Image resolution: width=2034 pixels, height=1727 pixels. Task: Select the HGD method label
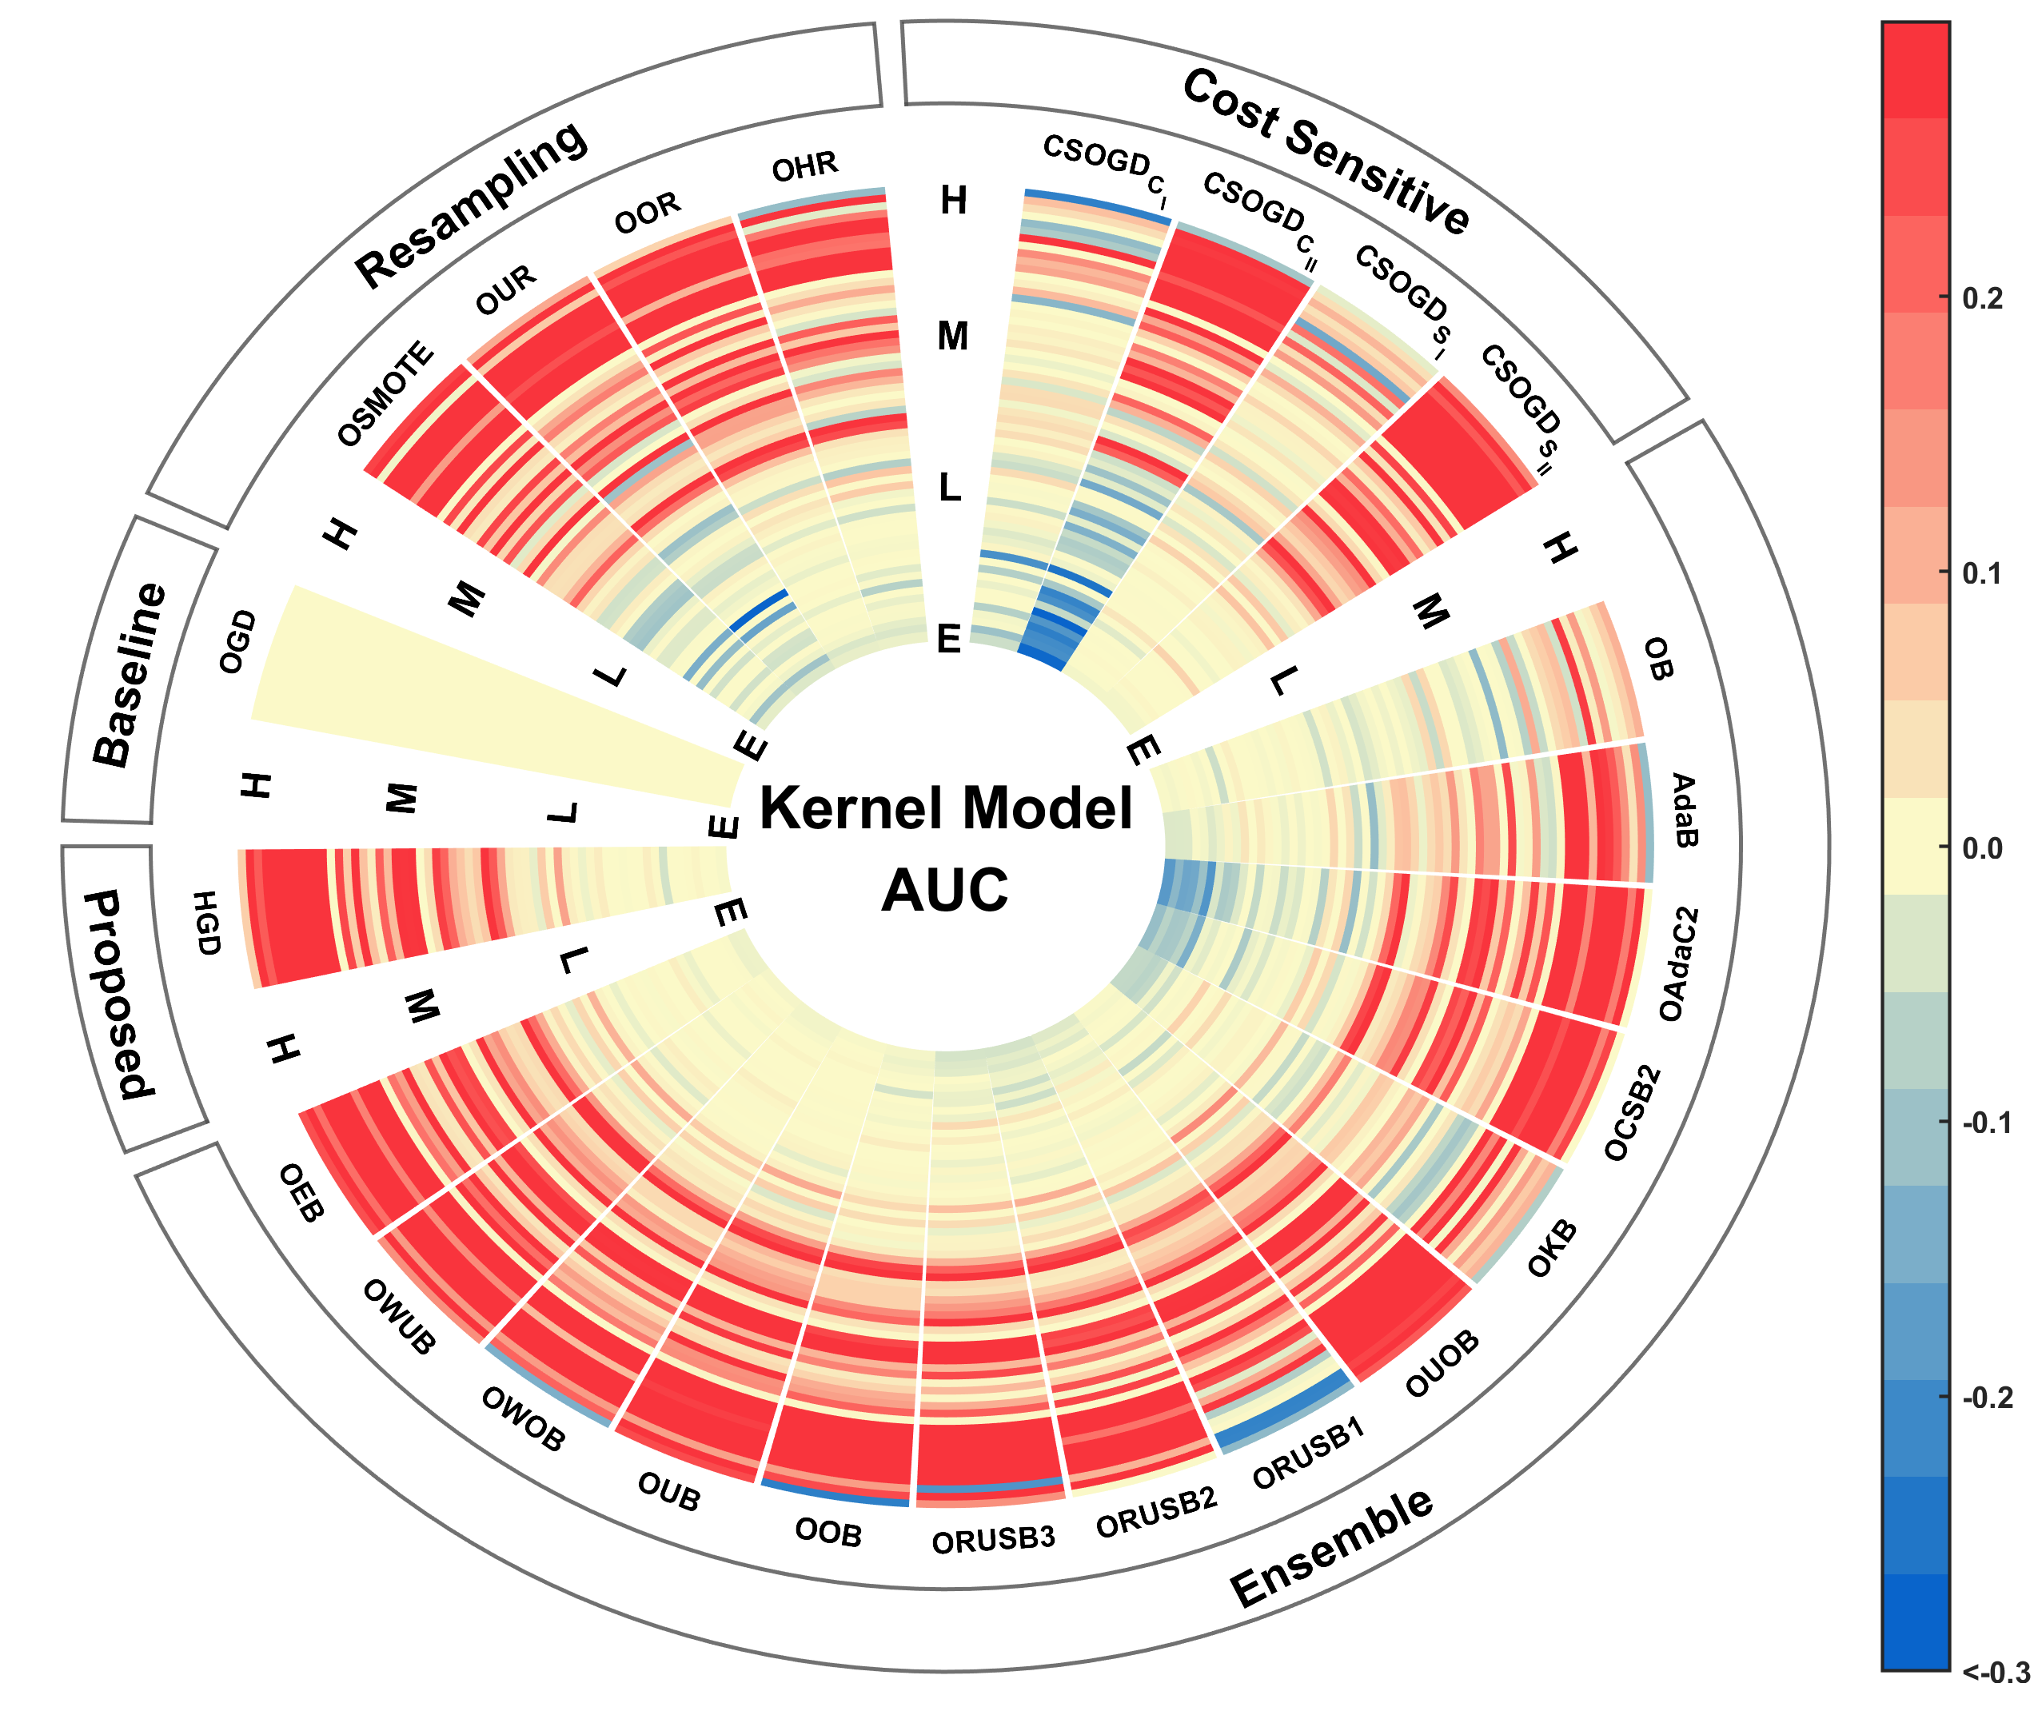pyautogui.click(x=205, y=922)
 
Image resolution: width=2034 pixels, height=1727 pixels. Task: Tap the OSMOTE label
pyautogui.click(x=385, y=393)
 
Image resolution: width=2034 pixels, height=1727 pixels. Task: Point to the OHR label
pyautogui.click(x=804, y=167)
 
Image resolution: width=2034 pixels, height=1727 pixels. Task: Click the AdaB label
pyautogui.click(x=1681, y=810)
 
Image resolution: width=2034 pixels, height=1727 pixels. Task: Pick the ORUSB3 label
pyautogui.click(x=992, y=1540)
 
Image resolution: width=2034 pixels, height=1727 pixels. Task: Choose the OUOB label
pyautogui.click(x=1441, y=1364)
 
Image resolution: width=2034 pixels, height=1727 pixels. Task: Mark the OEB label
pyautogui.click(x=301, y=1192)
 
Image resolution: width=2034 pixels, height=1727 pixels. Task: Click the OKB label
pyautogui.click(x=1553, y=1248)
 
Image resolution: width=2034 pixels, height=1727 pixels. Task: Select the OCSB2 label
pyautogui.click(x=1633, y=1113)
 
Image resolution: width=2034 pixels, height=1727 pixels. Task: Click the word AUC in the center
pyautogui.click(x=944, y=890)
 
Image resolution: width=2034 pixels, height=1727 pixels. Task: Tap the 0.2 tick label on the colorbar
pyautogui.click(x=1982, y=298)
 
